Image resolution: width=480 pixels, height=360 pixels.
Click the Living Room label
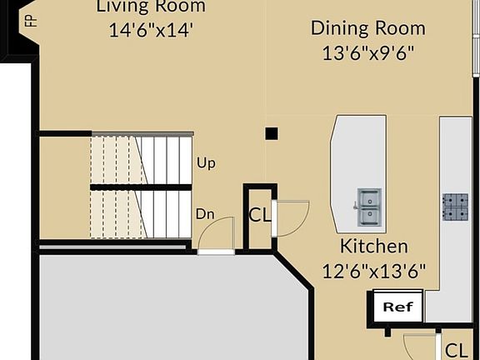(x=150, y=7)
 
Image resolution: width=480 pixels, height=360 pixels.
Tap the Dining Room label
(x=367, y=28)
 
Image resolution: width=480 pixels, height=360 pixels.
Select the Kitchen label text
(x=374, y=246)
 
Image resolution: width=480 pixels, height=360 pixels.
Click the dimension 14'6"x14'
(x=150, y=31)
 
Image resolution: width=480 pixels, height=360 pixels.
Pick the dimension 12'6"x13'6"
(x=374, y=271)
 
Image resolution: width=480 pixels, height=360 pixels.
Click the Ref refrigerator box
(x=397, y=307)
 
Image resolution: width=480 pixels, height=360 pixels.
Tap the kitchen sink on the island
(x=369, y=207)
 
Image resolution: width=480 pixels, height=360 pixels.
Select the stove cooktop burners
(x=456, y=207)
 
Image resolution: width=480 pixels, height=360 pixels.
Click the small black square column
(x=271, y=133)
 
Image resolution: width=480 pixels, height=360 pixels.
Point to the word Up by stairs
(x=206, y=162)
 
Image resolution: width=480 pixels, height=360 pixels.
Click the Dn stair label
(x=205, y=214)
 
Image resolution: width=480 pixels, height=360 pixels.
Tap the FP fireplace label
(x=31, y=18)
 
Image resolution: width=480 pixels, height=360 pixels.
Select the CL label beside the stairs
(x=260, y=215)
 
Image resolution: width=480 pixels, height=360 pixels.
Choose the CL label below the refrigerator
(x=455, y=350)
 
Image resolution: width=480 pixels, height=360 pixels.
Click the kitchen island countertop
(x=358, y=158)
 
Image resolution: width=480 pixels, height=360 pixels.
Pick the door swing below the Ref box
(x=418, y=346)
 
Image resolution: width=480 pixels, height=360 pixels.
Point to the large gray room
(x=158, y=308)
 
